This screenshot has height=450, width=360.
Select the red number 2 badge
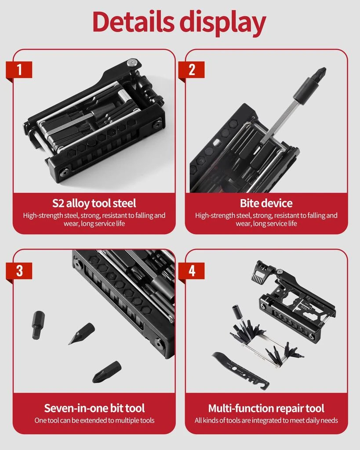pos(191,70)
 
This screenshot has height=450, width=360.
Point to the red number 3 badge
pos(19,270)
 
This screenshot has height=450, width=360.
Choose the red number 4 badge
pos(191,270)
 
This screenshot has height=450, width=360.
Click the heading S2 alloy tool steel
pos(94,203)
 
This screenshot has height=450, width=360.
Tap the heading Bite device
pos(266,203)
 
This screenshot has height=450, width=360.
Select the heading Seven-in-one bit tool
pos(94,408)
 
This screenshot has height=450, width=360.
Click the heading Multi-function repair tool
pos(266,408)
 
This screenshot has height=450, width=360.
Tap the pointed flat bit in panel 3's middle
pos(82,333)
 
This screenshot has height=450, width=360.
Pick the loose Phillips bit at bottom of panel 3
pos(106,371)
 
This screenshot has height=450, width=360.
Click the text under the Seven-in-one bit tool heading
pos(94,421)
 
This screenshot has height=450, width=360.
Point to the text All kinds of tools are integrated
pos(266,421)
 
